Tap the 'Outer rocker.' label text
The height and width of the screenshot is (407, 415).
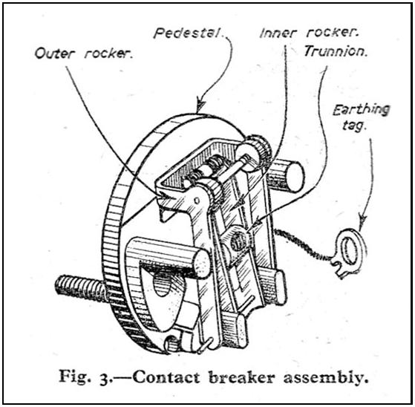(x=84, y=53)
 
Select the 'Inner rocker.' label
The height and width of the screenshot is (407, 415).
(x=309, y=33)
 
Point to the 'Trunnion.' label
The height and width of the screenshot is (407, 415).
(x=336, y=51)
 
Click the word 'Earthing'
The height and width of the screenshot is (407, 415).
(x=362, y=110)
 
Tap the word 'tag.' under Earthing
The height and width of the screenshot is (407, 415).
(x=354, y=125)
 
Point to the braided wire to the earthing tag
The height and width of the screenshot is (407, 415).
(x=301, y=243)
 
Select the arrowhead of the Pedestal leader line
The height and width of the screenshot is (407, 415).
(x=200, y=105)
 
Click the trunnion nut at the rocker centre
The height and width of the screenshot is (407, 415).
(x=238, y=241)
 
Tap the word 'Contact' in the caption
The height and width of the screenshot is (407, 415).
(x=166, y=377)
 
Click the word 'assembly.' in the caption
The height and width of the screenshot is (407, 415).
(x=326, y=378)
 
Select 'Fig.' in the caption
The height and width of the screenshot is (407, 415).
(x=73, y=377)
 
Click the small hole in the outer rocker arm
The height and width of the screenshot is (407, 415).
(x=197, y=201)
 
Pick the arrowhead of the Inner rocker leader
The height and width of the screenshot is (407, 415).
(x=240, y=202)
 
